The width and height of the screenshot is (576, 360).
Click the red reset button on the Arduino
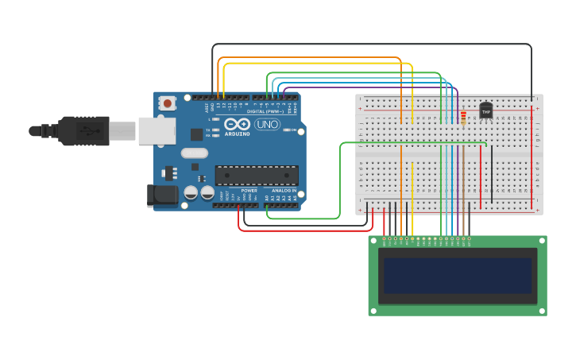pyautogui.click(x=167, y=103)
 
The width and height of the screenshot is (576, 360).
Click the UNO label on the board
pyautogui.click(x=266, y=125)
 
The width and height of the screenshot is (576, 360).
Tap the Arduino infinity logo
pyautogui.click(x=237, y=124)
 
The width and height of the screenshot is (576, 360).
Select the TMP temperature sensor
pyautogui.click(x=485, y=111)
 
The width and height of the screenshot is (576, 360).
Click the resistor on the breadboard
pyautogui.click(x=463, y=117)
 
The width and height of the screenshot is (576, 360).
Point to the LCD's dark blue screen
pyautogui.click(x=458, y=275)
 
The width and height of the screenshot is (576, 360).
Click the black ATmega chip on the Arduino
pyautogui.click(x=257, y=175)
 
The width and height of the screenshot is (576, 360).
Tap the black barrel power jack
pyautogui.click(x=164, y=195)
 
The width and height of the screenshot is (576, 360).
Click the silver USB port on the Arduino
pyautogui.click(x=157, y=131)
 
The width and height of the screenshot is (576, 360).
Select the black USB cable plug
pyautogui.click(x=83, y=131)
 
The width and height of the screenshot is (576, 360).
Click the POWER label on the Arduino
pyautogui.click(x=249, y=191)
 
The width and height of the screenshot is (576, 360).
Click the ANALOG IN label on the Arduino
pyautogui.click(x=284, y=191)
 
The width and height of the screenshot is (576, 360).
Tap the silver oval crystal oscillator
pyautogui.click(x=195, y=153)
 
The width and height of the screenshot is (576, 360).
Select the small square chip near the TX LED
pyautogui.click(x=196, y=134)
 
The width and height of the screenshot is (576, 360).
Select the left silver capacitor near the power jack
pyautogui.click(x=191, y=192)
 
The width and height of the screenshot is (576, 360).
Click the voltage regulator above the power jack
pyautogui.click(x=169, y=172)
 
